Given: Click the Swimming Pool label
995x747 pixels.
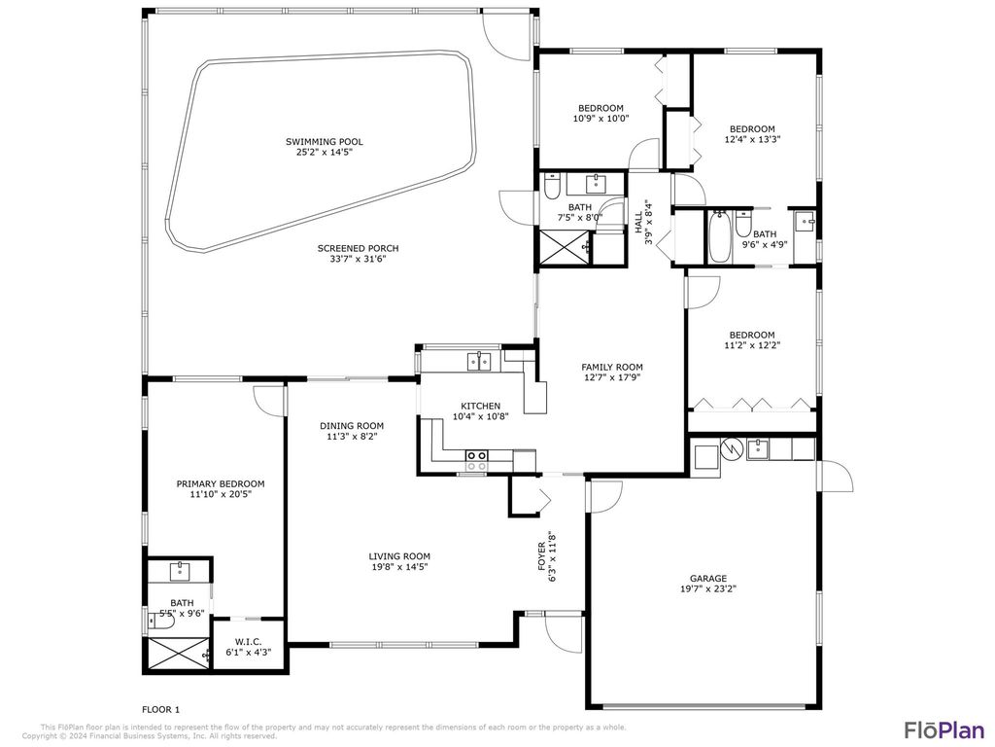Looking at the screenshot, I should click(325, 142).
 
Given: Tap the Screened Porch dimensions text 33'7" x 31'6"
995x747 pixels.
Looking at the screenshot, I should click(358, 259).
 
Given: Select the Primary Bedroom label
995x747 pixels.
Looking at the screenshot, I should click(220, 483).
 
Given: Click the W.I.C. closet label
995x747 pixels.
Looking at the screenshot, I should click(247, 641).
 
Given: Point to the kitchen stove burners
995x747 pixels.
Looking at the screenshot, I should click(476, 460).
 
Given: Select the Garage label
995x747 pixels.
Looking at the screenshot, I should click(708, 579).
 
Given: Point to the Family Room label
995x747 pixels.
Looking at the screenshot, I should click(612, 367).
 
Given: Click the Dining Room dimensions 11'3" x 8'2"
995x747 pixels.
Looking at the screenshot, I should click(352, 437).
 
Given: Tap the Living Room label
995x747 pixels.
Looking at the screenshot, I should click(398, 556).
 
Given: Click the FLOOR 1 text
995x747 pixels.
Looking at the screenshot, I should click(160, 710).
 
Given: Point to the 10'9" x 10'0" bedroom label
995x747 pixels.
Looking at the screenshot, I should click(600, 108).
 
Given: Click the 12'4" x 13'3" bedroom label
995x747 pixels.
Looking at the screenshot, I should click(752, 129).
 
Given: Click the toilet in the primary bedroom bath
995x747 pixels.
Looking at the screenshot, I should click(164, 646).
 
